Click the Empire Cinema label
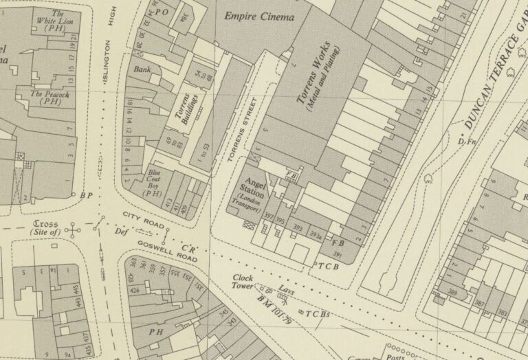tap(258, 16)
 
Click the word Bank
tap(142, 69)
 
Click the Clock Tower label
tap(243, 282)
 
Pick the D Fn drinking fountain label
tap(467, 142)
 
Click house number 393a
tap(315, 236)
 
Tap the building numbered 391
tap(338, 255)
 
